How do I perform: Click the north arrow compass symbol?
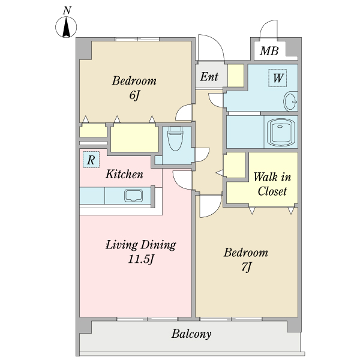(x=66, y=27)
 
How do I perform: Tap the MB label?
(x=269, y=51)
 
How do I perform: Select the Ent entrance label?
(x=209, y=76)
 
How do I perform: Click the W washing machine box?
(x=278, y=78)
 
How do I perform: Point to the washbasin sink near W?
(x=290, y=101)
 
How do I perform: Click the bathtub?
(x=281, y=132)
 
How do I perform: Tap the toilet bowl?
(x=175, y=139)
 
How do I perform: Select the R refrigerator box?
(x=91, y=160)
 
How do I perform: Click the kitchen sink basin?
(x=133, y=196)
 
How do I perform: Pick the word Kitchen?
(x=124, y=174)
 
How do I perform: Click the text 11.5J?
(x=140, y=260)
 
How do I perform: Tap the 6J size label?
(x=134, y=95)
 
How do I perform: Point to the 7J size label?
(x=247, y=267)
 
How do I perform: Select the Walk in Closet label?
(x=272, y=184)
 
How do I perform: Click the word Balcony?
(x=191, y=334)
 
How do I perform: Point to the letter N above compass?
(x=67, y=10)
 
